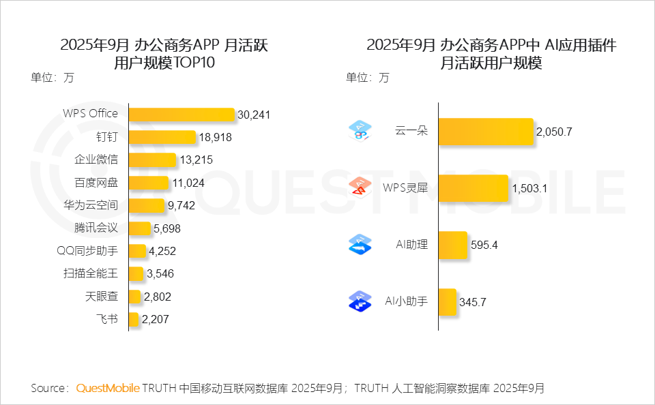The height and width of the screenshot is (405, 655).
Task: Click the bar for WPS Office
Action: coord(181,115)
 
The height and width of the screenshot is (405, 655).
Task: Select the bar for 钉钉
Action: coord(162,137)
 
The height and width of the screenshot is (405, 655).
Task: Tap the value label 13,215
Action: coord(196,160)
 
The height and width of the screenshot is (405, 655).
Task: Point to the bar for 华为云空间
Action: coord(147,205)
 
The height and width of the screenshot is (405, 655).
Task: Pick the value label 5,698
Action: coord(167,228)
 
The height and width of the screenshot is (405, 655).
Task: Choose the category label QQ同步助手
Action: coord(87,251)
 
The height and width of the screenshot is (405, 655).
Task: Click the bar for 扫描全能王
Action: coord(136,273)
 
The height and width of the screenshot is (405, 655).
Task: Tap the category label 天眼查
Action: coord(102,297)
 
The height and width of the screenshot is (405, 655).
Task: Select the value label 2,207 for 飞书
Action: coord(156,319)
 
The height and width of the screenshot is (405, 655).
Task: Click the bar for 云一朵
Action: coord(485,132)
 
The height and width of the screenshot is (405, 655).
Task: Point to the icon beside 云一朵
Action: coord(359,131)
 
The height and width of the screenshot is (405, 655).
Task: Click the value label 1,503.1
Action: coord(529,189)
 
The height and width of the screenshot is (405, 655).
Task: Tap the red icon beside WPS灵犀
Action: coord(359,187)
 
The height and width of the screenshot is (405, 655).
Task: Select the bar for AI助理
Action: coord(452,245)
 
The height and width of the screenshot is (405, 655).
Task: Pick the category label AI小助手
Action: coord(407,301)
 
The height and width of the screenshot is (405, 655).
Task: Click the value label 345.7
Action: coord(473,302)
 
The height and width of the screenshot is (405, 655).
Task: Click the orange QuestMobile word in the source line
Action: coord(108,388)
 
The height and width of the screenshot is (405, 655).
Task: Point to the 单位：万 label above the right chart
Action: coord(368,78)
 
